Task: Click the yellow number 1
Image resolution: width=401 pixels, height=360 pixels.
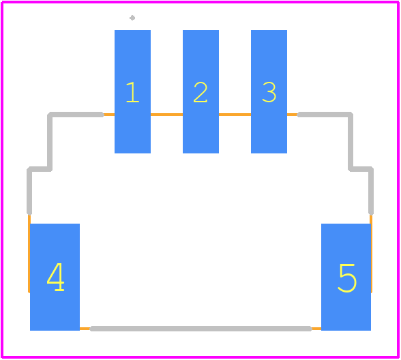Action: pos(133,92)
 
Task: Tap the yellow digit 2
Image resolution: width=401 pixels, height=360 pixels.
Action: pos(200,92)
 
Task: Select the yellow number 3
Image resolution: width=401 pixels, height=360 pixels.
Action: pos(269,92)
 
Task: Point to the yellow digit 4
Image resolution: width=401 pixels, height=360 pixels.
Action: pos(55,277)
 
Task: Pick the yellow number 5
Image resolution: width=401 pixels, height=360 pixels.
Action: pos(347,278)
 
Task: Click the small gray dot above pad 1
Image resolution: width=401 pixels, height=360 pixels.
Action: pos(132,18)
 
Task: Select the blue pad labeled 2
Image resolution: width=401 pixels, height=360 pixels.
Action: pos(200,91)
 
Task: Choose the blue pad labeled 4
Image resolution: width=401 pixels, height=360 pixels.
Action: pos(55,277)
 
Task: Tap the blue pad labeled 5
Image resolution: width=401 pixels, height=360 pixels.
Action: pos(346,277)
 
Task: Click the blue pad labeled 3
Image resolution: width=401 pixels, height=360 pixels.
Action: pos(269,91)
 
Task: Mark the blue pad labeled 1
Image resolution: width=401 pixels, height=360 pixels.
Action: pos(132,91)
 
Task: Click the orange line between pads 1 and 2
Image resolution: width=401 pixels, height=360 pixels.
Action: pos(166,115)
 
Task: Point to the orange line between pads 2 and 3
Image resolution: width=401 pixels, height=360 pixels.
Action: pos(235,115)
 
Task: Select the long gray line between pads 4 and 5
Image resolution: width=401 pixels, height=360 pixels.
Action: pos(201,329)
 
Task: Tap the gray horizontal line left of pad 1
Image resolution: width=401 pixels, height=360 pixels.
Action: pos(76,115)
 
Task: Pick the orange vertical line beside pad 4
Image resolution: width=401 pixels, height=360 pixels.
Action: pos(29,254)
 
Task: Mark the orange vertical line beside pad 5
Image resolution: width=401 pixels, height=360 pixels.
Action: pos(371,254)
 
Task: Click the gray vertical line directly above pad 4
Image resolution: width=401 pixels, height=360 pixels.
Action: pos(29,191)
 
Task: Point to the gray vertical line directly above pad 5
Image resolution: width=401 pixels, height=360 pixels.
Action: pos(371,191)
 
